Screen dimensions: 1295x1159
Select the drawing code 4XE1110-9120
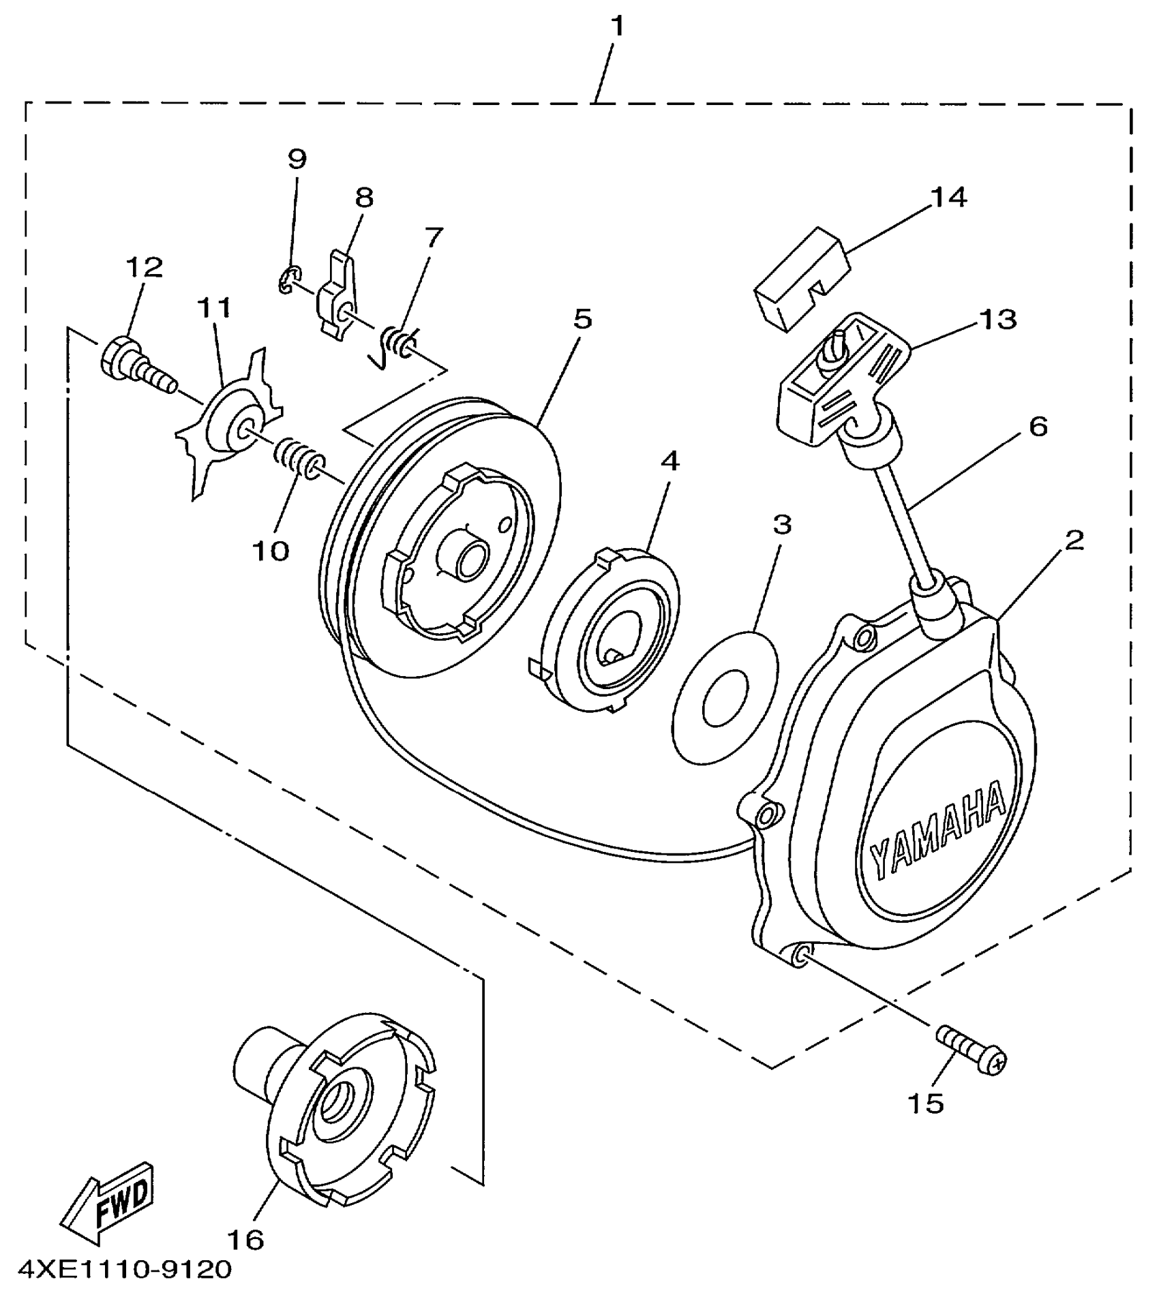pyautogui.click(x=125, y=1269)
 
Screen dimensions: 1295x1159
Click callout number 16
pyautogui.click(x=245, y=1239)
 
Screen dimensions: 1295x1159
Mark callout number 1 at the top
pyautogui.click(x=616, y=26)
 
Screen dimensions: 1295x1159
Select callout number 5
pyautogui.click(x=582, y=318)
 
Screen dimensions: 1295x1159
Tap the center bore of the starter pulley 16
pyautogui.click(x=339, y=1101)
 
